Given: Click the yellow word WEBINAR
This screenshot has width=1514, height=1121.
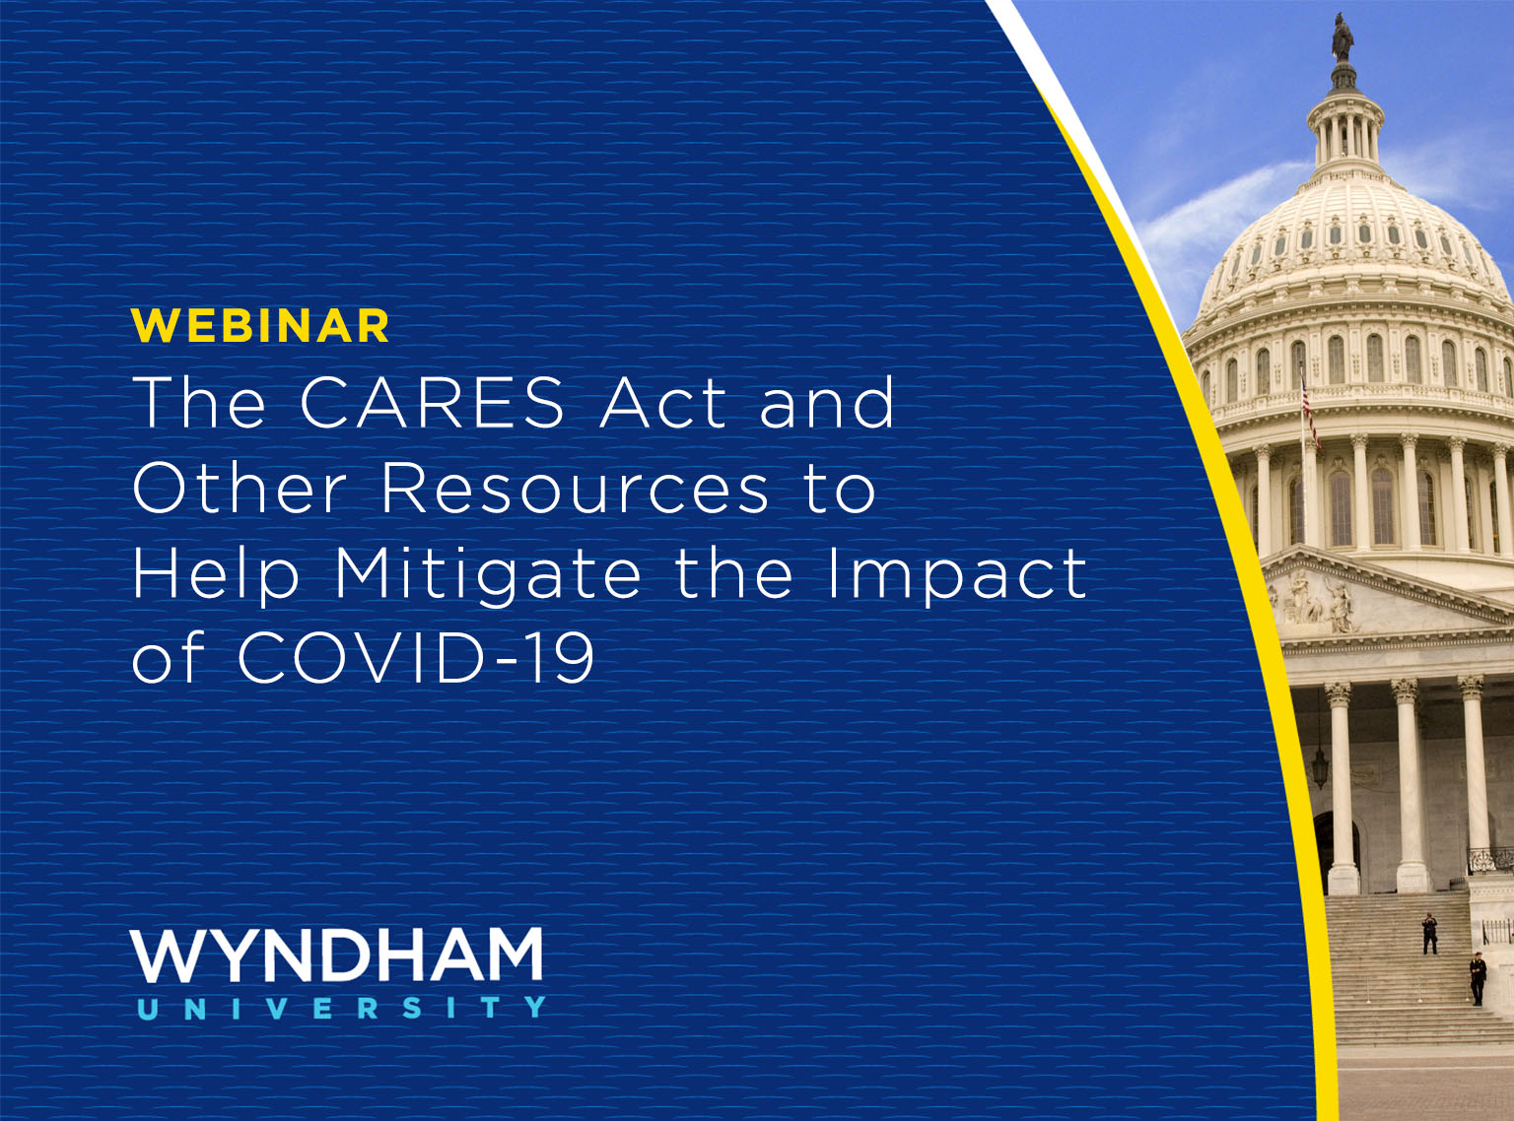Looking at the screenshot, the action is [x=260, y=325].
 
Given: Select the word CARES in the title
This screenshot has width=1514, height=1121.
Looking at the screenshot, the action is [x=432, y=403].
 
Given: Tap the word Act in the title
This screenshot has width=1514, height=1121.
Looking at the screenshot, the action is [x=662, y=403].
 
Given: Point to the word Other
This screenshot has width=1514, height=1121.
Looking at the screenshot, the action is [x=240, y=489].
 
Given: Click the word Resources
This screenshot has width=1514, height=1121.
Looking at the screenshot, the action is [x=575, y=489].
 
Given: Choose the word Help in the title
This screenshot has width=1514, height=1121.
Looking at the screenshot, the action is [x=216, y=574].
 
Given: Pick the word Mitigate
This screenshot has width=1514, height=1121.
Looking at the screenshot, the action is [x=487, y=574].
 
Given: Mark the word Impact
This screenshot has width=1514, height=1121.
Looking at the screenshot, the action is [x=956, y=574].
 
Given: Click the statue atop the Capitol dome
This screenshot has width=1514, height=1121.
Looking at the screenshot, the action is [x=1342, y=37].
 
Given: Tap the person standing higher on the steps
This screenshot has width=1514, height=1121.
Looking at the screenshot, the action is [x=1429, y=934].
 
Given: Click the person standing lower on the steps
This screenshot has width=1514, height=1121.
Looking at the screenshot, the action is [x=1478, y=978].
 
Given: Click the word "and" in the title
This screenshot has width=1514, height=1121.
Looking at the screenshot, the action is [x=827, y=403].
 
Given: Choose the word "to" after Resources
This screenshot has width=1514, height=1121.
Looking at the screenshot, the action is [x=840, y=489].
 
